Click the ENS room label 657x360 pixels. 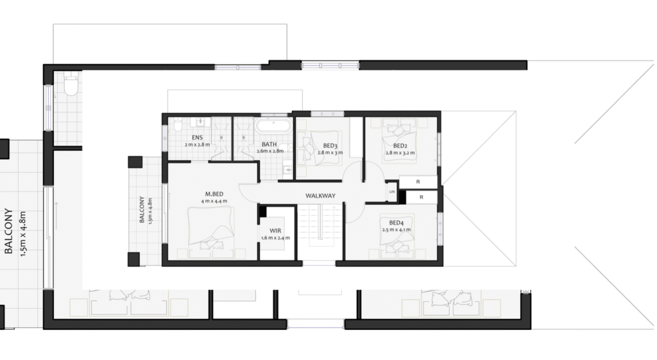pyautogui.click(x=197, y=137)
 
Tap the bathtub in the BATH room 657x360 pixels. pyautogui.click(x=274, y=125)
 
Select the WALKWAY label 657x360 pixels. pyautogui.click(x=321, y=196)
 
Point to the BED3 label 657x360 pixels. pyautogui.click(x=330, y=146)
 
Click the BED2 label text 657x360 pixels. pyautogui.click(x=400, y=146)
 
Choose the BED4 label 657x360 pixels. pyautogui.click(x=396, y=223)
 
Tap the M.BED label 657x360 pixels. pyautogui.click(x=214, y=194)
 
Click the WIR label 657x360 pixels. pyautogui.click(x=275, y=231)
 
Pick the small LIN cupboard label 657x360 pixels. pyautogui.click(x=392, y=192)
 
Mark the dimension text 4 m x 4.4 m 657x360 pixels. pyautogui.click(x=214, y=201)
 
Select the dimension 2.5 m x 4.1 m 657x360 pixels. pyautogui.click(x=396, y=230)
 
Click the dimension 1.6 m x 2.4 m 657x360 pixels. pyautogui.click(x=275, y=238)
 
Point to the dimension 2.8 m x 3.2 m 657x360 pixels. pyautogui.click(x=400, y=153)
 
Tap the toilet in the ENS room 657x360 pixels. pyautogui.click(x=178, y=124)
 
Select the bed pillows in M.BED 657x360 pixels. pyautogui.click(x=210, y=244)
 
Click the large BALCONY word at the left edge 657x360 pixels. pyautogui.click(x=8, y=232)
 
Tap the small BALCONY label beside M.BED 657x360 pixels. pyautogui.click(x=142, y=210)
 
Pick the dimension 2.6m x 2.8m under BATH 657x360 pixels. pyautogui.click(x=270, y=151)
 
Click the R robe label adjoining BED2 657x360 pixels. pyautogui.click(x=418, y=182)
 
